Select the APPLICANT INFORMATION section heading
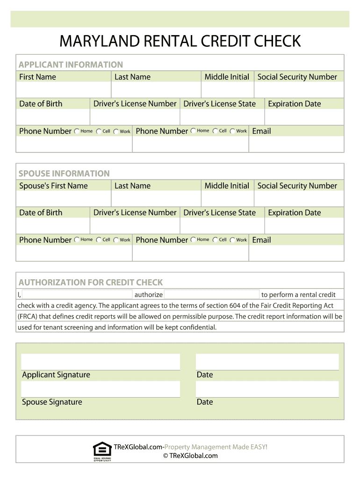coord(71,65)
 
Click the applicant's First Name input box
coord(64,90)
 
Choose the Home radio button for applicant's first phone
coord(77,131)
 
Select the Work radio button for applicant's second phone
coord(232,131)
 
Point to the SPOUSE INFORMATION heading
coord(64,174)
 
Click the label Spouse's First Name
coord(53,186)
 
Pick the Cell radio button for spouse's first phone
coord(99,240)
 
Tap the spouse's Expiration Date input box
coord(304,226)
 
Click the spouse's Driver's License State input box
coord(222,226)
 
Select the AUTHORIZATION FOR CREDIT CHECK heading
coord(91,283)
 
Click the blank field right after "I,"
coord(77,295)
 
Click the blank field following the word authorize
coord(212,295)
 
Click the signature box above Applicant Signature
coord(101,362)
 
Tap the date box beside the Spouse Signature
coord(267,389)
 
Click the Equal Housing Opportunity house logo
coord(102,450)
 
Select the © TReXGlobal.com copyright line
coord(190,456)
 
